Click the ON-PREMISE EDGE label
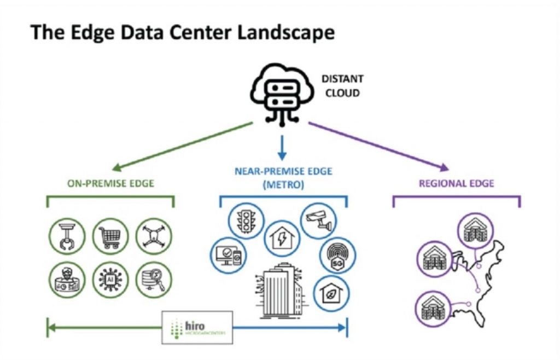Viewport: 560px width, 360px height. point(111,184)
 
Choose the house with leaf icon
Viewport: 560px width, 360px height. point(331,293)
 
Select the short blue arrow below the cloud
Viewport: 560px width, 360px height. point(282,147)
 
